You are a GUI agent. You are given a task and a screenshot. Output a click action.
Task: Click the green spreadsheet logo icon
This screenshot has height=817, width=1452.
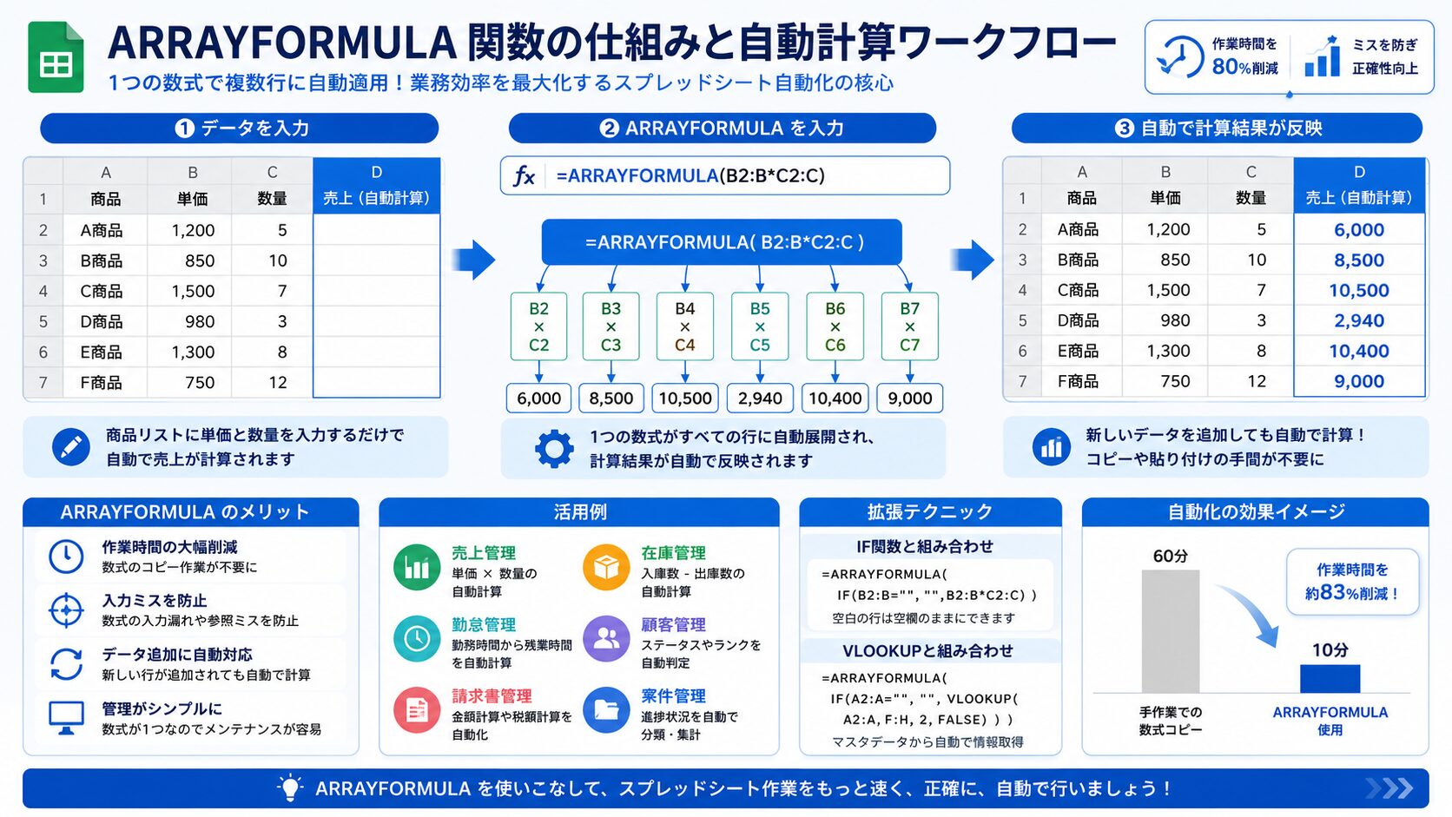tap(56, 57)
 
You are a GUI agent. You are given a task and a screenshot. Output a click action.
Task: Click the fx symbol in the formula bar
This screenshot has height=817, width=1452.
tap(524, 175)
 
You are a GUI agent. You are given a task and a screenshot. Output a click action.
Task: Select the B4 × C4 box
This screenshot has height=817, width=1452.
tap(684, 326)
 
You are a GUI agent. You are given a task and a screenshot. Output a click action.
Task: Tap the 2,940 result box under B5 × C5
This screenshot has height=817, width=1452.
tap(760, 398)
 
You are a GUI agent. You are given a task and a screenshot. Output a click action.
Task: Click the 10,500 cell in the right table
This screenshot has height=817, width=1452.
tap(1359, 290)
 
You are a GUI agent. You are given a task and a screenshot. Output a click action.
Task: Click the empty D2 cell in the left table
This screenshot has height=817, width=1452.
tap(377, 230)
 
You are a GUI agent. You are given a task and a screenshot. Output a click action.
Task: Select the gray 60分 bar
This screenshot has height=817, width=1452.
tap(1170, 631)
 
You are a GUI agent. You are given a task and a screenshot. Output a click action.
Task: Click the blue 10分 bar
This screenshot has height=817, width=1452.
tap(1330, 678)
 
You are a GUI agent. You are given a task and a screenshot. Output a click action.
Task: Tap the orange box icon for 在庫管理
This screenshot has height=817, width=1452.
tap(606, 568)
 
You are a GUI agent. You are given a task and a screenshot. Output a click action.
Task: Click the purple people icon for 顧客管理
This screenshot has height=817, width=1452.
tap(606, 639)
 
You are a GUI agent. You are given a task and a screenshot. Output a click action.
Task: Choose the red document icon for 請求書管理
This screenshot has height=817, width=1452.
tap(417, 710)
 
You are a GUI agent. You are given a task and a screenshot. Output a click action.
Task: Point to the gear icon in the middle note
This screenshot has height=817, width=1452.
tap(554, 448)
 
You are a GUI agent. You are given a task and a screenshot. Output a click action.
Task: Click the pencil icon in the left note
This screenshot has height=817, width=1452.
tap(70, 446)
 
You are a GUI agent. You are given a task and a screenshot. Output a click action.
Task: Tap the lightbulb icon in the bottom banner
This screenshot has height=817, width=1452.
tap(290, 787)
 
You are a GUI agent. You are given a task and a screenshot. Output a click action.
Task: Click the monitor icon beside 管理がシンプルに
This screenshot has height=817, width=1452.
tap(66, 718)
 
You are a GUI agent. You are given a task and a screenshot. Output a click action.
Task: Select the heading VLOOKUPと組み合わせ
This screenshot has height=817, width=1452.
tap(927, 650)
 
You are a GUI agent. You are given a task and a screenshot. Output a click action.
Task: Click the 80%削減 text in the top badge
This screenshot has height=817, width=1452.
tap(1244, 67)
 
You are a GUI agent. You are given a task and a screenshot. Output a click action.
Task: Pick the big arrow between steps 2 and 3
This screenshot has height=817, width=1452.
tap(973, 260)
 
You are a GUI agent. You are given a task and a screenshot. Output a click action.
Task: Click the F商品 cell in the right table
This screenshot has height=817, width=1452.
tap(1078, 381)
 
